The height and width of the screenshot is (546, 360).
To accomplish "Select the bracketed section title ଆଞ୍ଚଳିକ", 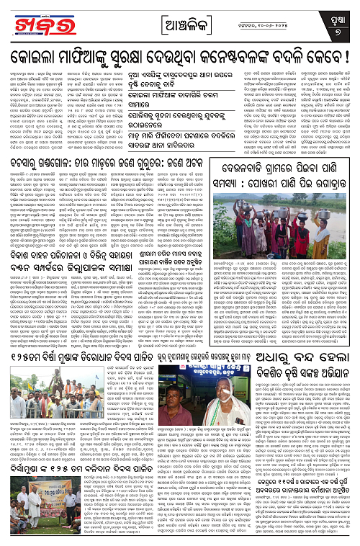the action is click(x=180, y=15).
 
